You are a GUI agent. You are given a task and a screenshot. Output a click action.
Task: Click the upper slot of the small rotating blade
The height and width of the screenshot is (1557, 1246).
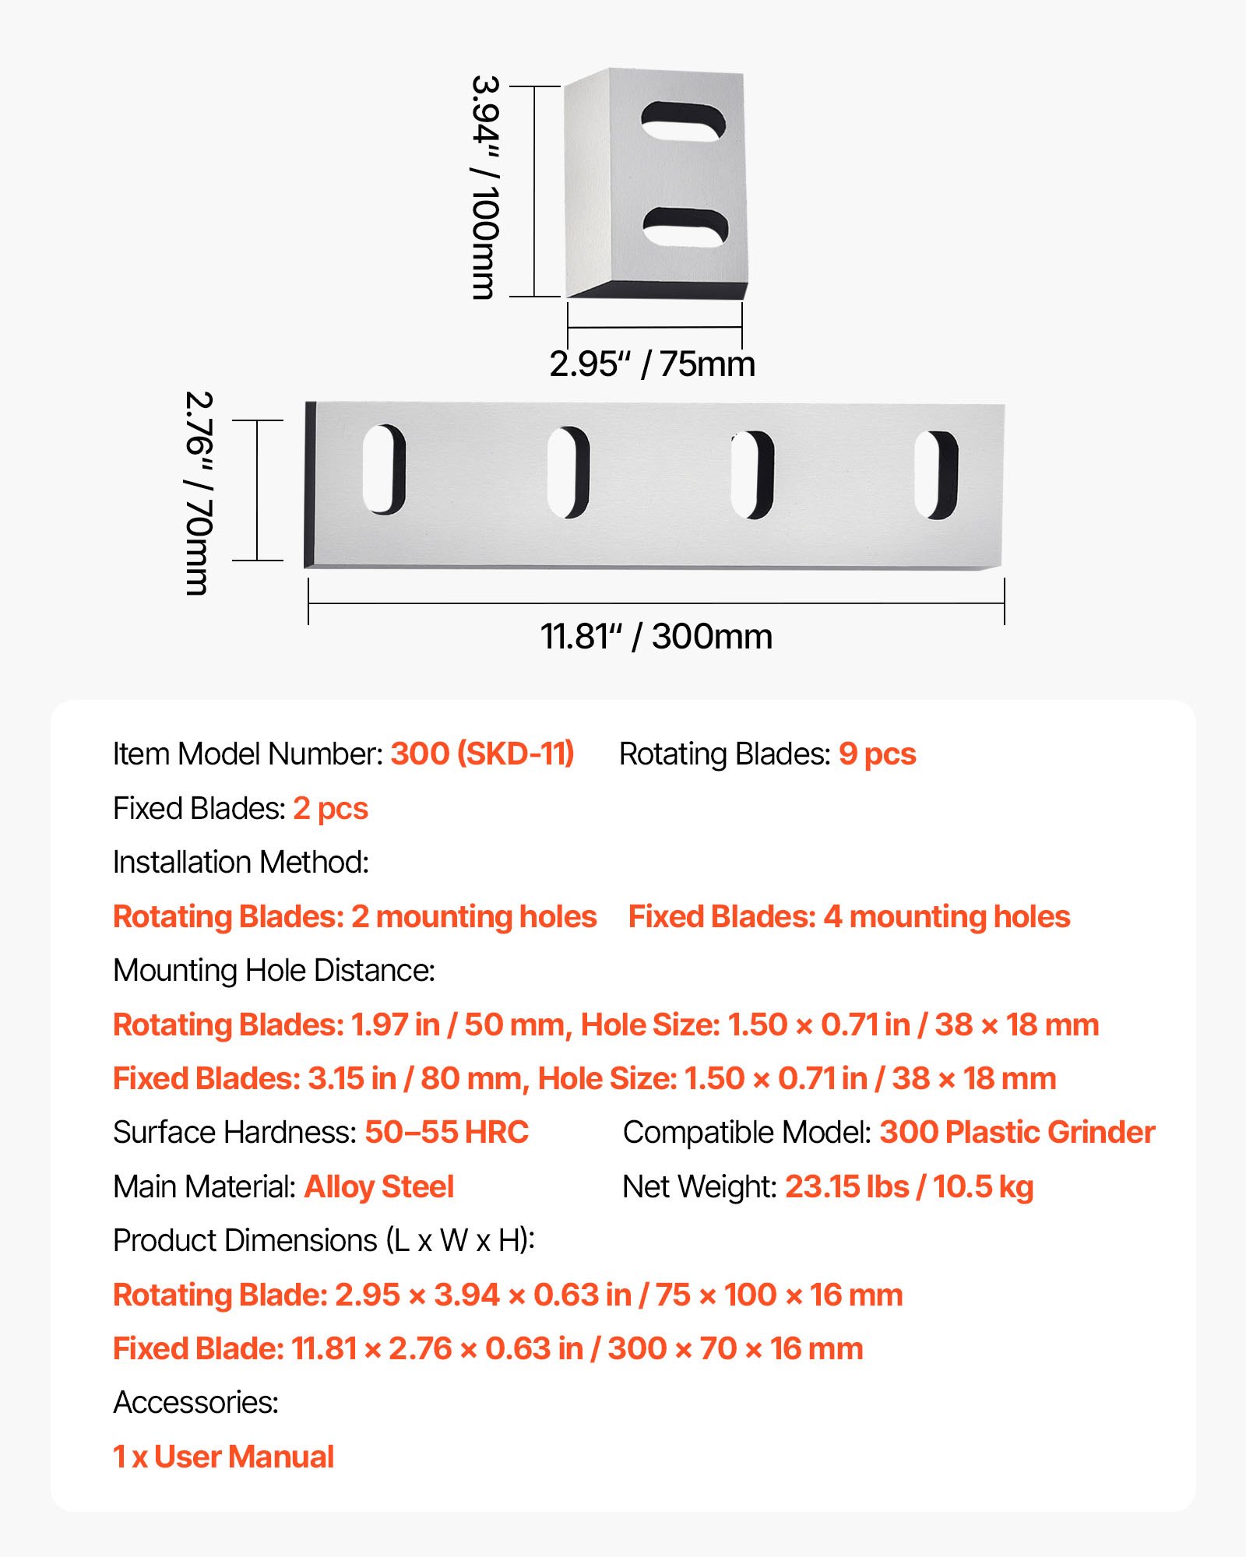click(683, 122)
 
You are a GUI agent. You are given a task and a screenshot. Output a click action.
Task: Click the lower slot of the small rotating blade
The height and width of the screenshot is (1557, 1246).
click(685, 227)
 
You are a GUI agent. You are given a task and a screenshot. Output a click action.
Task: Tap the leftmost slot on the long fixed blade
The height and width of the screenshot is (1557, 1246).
click(384, 469)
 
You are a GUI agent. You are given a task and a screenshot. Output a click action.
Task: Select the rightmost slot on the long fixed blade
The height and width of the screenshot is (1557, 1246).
click(936, 474)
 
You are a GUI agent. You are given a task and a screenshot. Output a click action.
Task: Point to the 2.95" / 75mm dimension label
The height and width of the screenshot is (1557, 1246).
click(652, 364)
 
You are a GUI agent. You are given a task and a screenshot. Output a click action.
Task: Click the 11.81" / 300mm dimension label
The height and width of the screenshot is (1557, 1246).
click(656, 636)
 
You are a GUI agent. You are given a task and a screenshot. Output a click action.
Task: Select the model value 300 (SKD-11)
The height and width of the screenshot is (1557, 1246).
click(482, 754)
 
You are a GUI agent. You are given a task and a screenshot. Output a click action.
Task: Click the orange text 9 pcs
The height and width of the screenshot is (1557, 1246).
click(877, 754)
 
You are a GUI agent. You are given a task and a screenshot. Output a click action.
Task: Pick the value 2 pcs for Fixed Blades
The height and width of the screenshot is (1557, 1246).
click(330, 808)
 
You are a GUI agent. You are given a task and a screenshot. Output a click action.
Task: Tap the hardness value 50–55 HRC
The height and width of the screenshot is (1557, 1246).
click(446, 1132)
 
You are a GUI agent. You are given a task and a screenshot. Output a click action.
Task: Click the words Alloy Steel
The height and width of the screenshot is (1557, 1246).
click(378, 1186)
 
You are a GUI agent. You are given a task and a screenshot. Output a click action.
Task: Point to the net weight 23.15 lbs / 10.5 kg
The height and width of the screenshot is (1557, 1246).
click(909, 1186)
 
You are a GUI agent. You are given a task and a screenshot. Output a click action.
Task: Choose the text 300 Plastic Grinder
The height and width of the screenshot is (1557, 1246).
click(1017, 1132)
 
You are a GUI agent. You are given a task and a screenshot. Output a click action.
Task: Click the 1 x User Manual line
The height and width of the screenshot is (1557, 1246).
click(224, 1457)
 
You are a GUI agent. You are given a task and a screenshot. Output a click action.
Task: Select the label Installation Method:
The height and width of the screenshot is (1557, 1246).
click(241, 863)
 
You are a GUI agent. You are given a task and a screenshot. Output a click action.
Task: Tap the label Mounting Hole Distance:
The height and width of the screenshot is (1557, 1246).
click(273, 971)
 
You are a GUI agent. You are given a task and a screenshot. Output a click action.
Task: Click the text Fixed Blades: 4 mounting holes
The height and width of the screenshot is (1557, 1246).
click(849, 916)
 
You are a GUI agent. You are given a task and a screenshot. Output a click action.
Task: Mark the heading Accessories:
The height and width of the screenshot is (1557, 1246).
click(195, 1402)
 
